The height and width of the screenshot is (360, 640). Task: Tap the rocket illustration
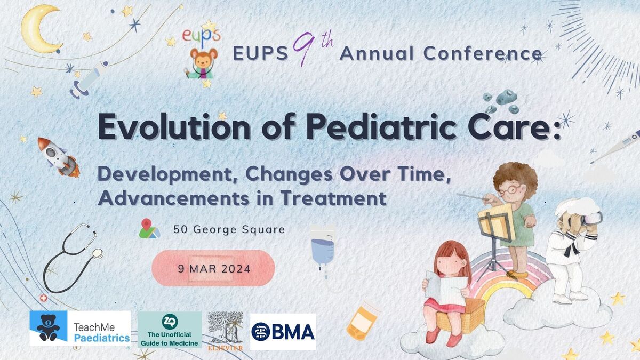pos(59,157)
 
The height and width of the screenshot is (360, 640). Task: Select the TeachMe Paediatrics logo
pos(81,328)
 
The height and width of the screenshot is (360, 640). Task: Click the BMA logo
pos(283,331)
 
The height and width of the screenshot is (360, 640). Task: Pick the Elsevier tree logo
pos(226,331)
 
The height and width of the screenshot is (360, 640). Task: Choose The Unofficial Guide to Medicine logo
pos(170,330)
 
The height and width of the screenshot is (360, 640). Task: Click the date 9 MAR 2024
pos(214,269)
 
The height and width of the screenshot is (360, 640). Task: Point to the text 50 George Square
pos(229,229)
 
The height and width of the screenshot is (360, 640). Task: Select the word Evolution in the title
pos(174,126)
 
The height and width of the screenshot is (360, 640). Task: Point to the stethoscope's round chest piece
pos(98,254)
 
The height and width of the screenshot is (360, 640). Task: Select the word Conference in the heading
pos(483,53)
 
